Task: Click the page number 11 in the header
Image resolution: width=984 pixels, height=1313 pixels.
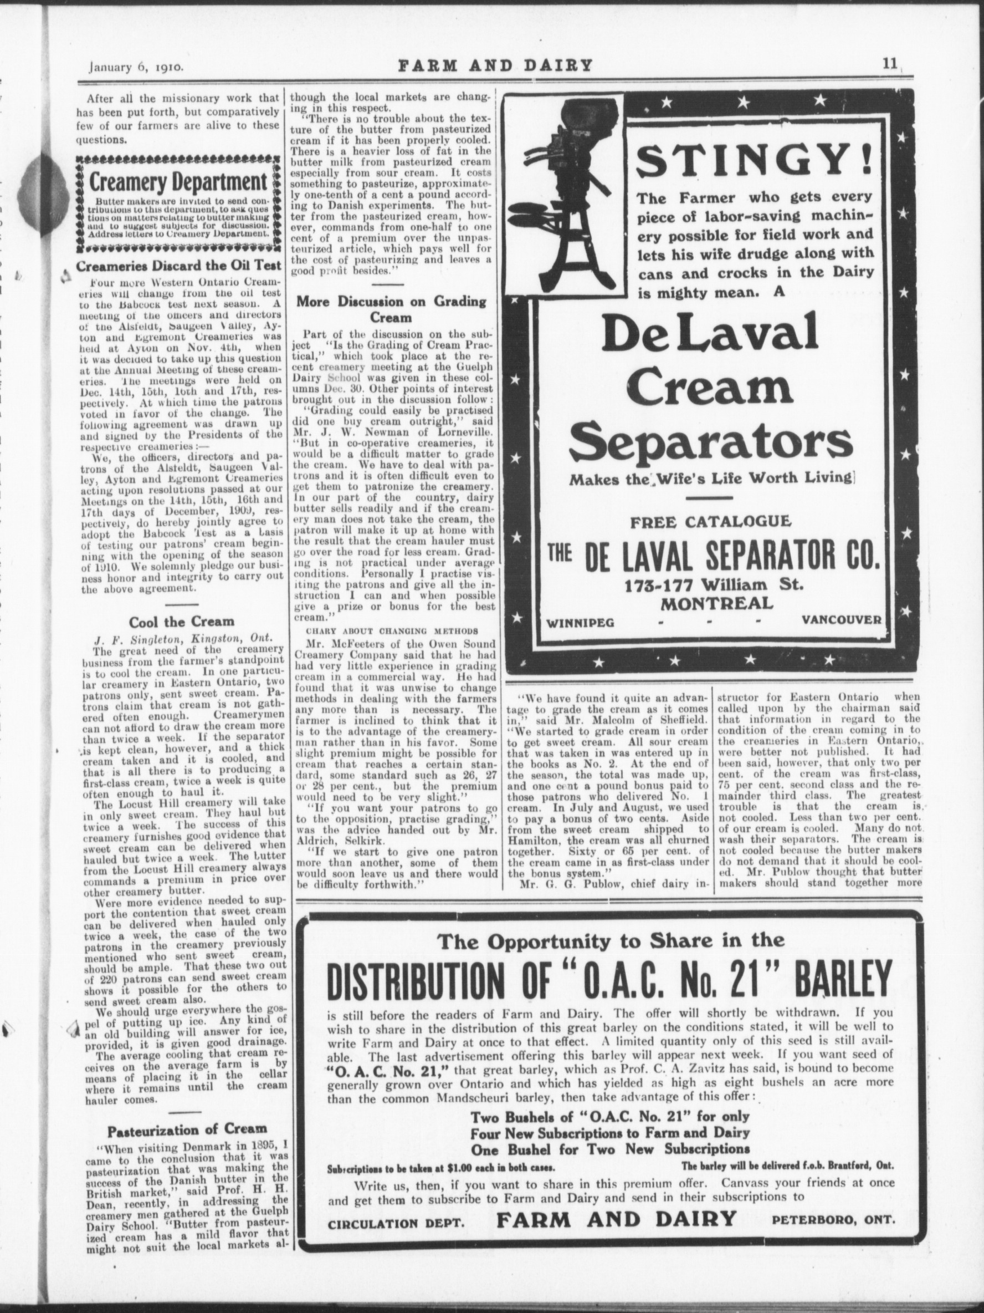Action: [x=889, y=65]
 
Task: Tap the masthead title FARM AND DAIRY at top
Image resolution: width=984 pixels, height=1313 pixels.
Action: [x=495, y=65]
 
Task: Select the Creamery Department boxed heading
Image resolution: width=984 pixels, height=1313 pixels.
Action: [x=177, y=182]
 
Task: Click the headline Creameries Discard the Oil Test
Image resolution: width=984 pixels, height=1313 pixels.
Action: [x=179, y=266]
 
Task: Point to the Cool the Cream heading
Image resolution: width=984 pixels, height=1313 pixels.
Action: [x=182, y=622]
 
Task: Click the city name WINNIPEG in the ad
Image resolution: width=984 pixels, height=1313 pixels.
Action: [x=581, y=622]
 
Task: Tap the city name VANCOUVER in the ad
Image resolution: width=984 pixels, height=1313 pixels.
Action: [x=840, y=620]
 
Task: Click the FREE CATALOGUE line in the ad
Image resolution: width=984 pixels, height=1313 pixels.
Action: [x=709, y=523]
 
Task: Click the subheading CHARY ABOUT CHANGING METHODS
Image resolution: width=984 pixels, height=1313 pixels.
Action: [x=392, y=630]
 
